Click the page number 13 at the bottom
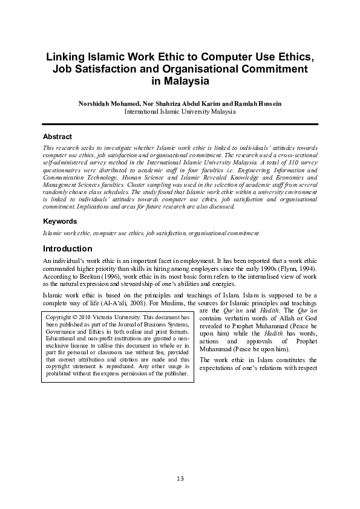(180, 479)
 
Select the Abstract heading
(57, 137)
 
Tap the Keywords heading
(60, 221)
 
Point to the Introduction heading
(67, 248)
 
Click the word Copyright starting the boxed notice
(59, 317)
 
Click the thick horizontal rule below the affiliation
(180, 124)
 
